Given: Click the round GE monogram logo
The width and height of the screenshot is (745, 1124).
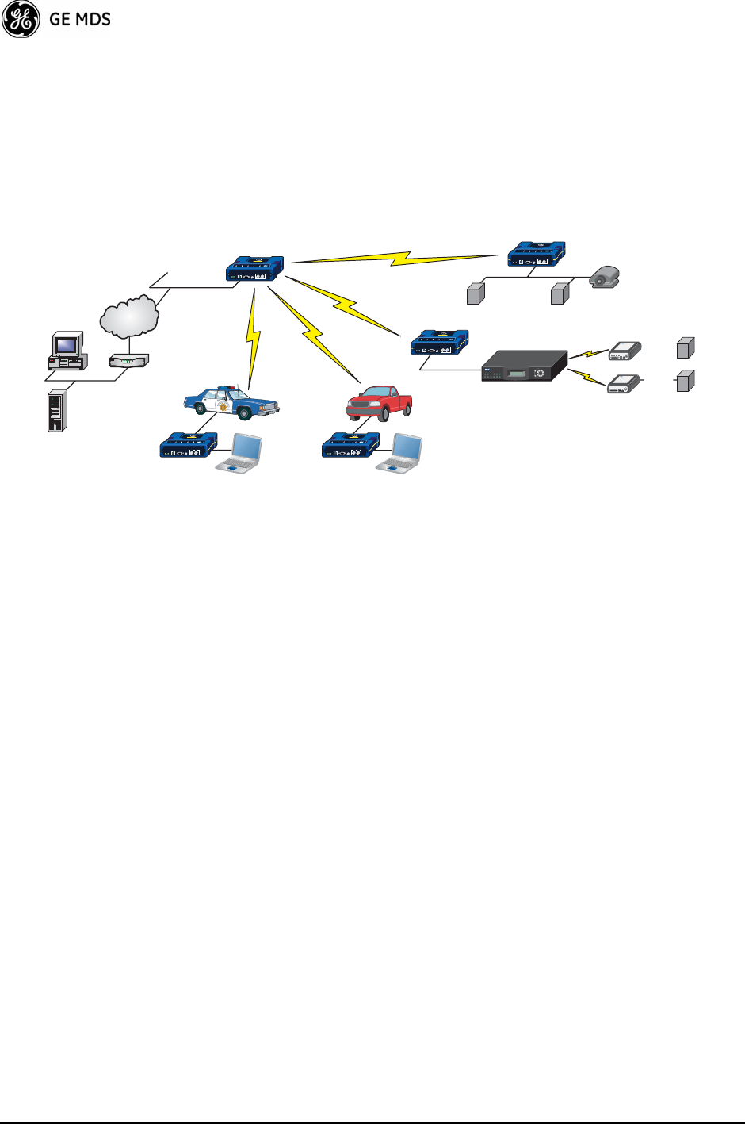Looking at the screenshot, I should point(21,19).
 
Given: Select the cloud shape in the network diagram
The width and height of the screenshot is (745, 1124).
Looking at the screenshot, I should point(129,316).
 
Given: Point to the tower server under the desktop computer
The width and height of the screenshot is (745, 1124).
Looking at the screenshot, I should point(55,410).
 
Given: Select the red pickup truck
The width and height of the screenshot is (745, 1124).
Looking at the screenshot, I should point(379,403).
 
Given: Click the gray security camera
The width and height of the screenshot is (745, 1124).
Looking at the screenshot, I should point(606,277).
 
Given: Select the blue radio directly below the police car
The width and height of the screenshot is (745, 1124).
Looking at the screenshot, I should point(189,445).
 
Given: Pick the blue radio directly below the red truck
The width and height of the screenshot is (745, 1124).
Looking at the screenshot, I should point(350,445).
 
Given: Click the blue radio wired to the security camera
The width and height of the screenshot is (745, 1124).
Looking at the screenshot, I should point(537,255).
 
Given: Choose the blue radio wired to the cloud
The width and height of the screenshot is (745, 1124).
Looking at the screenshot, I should point(254,268).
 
